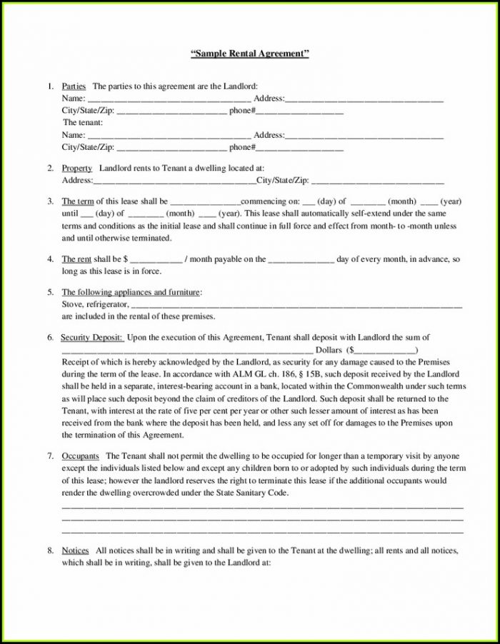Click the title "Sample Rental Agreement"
pyautogui.click(x=250, y=54)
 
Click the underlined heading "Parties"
pyautogui.click(x=74, y=86)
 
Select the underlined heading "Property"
pyautogui.click(x=76, y=168)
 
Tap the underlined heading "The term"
pyautogui.click(x=77, y=201)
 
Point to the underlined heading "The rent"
pyautogui.click(x=76, y=259)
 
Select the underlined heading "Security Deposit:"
pyautogui.click(x=92, y=336)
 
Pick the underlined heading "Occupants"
pyautogui.click(x=80, y=455)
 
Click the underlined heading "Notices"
pyautogui.click(x=75, y=550)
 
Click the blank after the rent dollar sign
pyautogui.click(x=156, y=260)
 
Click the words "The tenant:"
pyautogui.click(x=83, y=123)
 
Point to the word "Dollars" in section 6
pyautogui.click(x=329, y=351)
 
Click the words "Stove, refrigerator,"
pyautogui.click(x=95, y=304)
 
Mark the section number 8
pyautogui.click(x=50, y=550)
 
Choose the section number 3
pyautogui.click(x=50, y=201)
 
